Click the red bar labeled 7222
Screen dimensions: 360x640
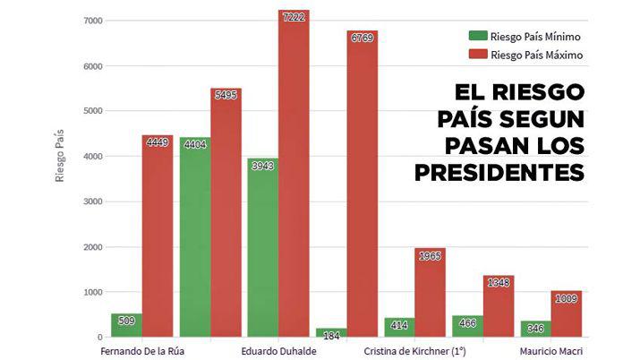pos(294,179)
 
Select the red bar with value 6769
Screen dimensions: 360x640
pos(363,188)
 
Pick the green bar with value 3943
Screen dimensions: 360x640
pos(262,251)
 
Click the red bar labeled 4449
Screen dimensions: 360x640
pos(157,237)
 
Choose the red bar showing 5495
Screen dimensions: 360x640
pos(226,215)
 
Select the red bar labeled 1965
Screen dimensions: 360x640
pos(431,296)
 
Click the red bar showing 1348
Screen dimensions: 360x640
pos(499,309)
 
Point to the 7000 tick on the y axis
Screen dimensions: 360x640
pos(91,21)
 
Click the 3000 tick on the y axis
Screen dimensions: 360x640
pos(91,201)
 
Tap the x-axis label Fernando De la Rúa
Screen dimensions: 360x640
pos(142,350)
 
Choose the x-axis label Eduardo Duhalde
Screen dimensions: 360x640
pos(277,350)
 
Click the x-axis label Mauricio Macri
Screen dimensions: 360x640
pos(555,350)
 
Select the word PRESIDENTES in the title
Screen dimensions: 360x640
pos(499,171)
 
